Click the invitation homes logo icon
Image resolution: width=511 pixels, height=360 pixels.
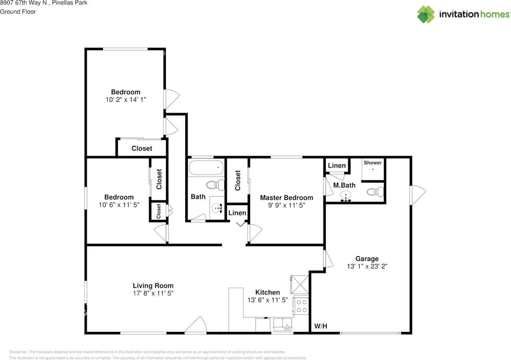[426, 14]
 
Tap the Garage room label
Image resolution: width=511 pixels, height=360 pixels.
[367, 259]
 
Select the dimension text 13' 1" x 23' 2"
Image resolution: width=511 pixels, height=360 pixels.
[367, 266]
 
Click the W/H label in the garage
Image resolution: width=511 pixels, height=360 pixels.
[321, 326]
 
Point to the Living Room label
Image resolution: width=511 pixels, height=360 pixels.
[153, 285]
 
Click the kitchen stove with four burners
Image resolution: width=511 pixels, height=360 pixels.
[301, 306]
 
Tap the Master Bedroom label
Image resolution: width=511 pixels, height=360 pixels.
[286, 198]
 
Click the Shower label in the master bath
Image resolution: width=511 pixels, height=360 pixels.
[372, 163]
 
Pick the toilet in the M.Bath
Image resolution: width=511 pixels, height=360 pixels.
[374, 192]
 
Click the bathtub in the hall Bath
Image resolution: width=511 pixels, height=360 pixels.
[206, 168]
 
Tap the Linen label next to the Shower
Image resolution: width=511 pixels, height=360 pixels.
[337, 166]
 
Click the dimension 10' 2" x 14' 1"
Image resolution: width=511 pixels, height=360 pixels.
[126, 100]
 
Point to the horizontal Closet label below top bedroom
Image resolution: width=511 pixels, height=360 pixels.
[142, 148]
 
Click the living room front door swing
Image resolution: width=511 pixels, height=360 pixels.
[196, 325]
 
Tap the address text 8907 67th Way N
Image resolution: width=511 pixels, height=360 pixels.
[24, 3]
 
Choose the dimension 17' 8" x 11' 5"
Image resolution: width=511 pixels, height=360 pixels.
[153, 293]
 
